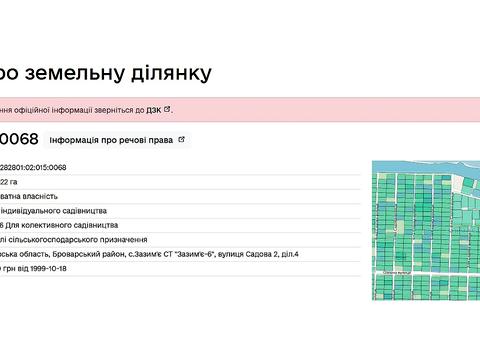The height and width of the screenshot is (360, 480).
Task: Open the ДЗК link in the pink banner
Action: pyautogui.click(x=154, y=110)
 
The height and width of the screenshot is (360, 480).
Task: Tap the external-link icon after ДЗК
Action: pyautogui.click(x=168, y=109)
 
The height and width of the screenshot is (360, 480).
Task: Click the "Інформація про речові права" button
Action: pyautogui.click(x=110, y=140)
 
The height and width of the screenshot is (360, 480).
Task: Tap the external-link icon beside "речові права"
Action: pyautogui.click(x=181, y=140)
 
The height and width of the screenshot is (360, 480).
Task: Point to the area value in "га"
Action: pyautogui.click(x=9, y=182)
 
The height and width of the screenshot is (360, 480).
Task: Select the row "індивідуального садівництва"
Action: pyautogui.click(x=60, y=211)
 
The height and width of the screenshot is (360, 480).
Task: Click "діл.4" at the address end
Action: pyautogui.click(x=290, y=254)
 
